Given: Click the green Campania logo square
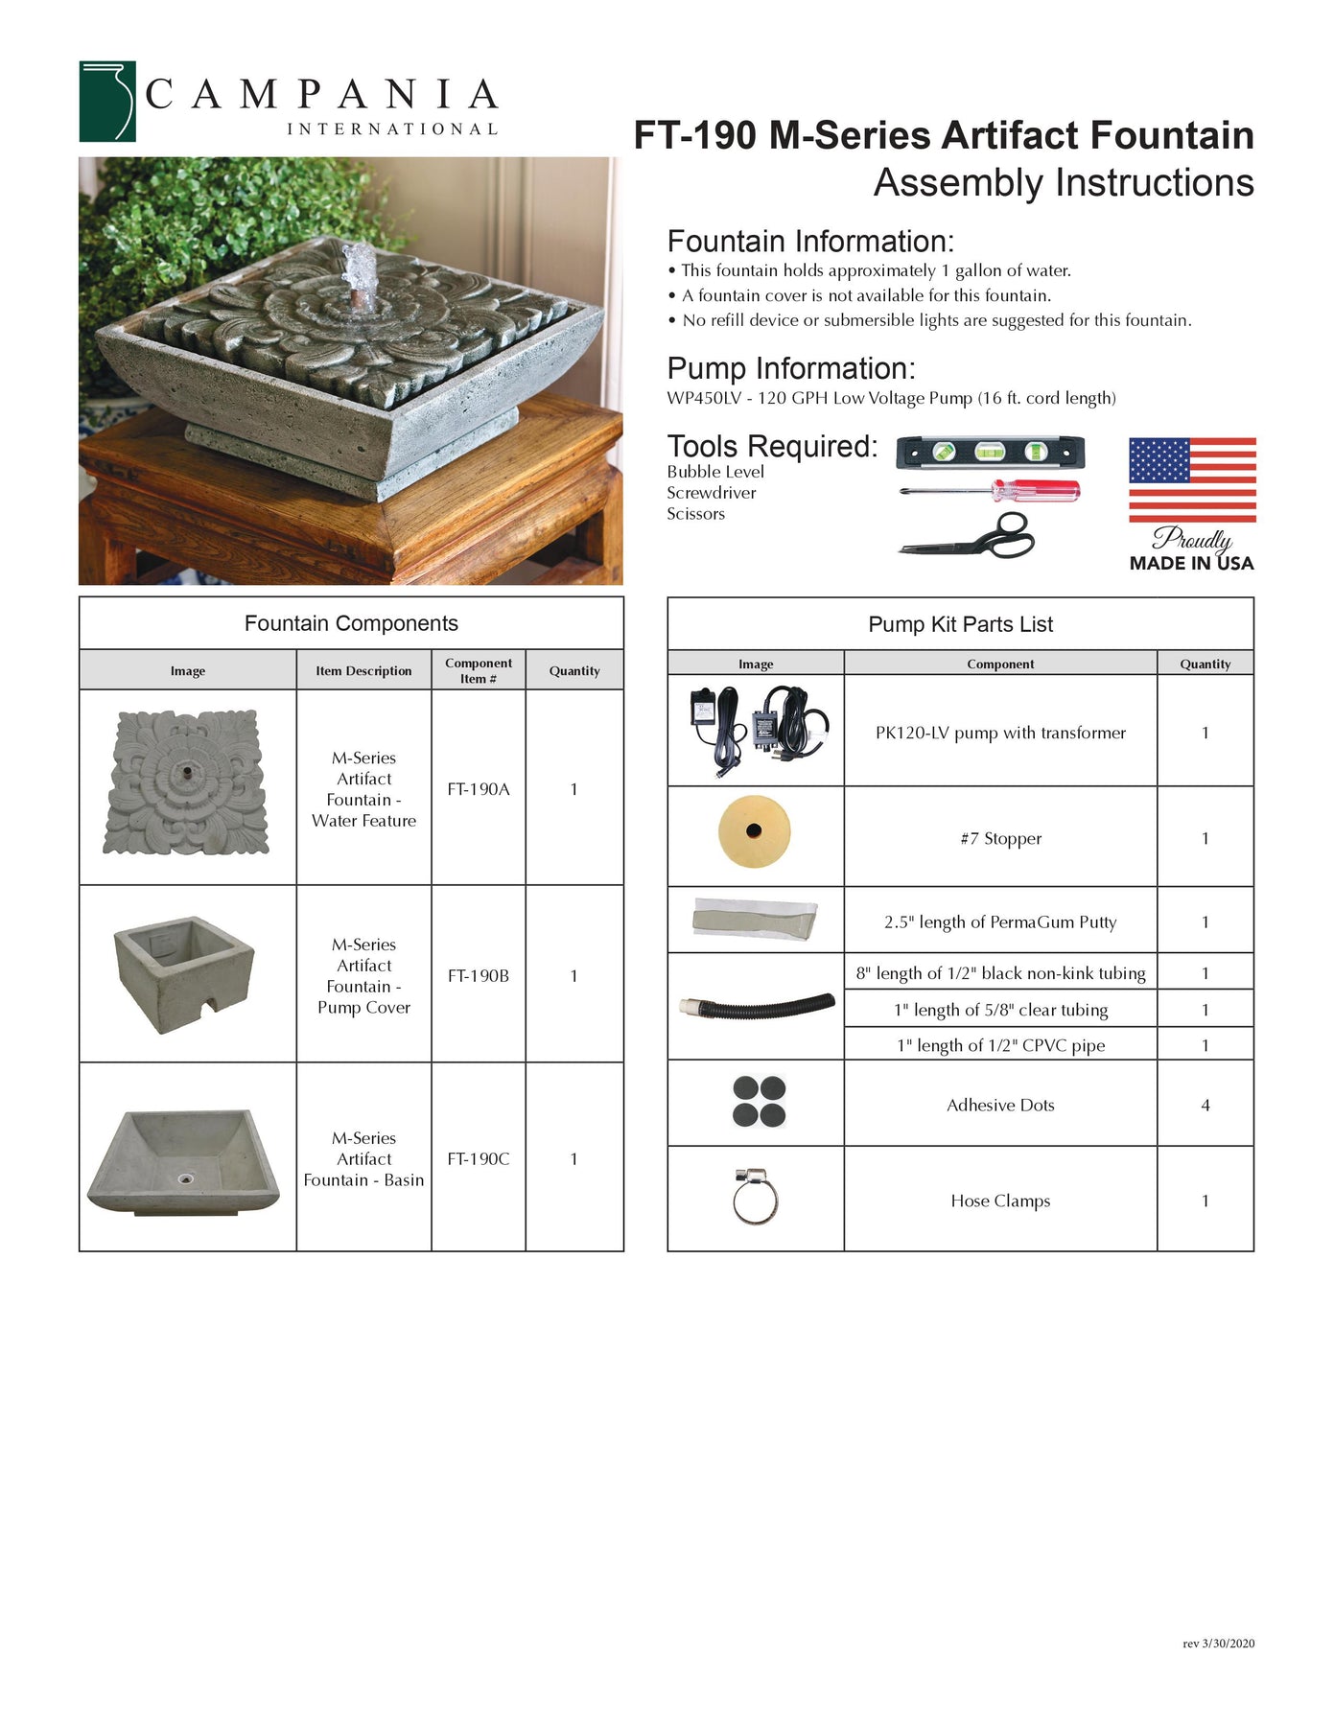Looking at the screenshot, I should click(x=106, y=102).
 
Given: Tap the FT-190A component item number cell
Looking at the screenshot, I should click(x=479, y=789).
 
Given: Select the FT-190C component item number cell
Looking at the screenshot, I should click(x=479, y=1158).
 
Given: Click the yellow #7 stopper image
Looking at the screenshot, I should click(x=754, y=830).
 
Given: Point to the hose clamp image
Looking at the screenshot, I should click(x=756, y=1197).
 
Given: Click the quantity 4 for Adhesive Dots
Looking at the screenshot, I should click(x=1205, y=1105).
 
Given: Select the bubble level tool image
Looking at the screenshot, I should click(x=990, y=452).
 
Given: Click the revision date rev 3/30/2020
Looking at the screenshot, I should click(x=1218, y=1644).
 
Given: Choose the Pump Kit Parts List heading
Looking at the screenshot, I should click(x=960, y=624).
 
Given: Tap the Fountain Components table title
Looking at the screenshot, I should click(x=351, y=623).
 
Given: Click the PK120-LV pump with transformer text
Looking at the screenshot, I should click(x=1000, y=733).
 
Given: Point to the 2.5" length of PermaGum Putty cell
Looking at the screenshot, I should click(x=1000, y=922).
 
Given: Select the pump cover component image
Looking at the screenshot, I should click(x=185, y=973).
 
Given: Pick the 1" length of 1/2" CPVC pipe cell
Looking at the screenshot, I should click(x=1000, y=1045).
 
